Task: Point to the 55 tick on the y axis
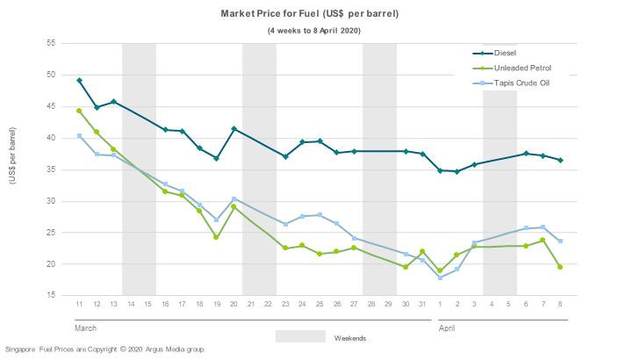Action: click(50, 43)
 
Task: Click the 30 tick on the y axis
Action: click(50, 201)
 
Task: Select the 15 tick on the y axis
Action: click(50, 296)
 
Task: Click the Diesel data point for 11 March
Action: click(79, 81)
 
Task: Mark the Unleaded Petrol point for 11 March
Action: click(79, 111)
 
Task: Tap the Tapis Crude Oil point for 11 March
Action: click(79, 136)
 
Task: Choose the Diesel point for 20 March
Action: click(234, 129)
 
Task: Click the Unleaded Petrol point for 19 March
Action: click(216, 237)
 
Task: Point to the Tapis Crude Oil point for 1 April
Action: click(440, 277)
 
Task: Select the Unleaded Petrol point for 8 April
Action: click(560, 267)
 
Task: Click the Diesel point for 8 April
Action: click(560, 160)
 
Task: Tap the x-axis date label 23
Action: click(285, 305)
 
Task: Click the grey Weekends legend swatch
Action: click(300, 336)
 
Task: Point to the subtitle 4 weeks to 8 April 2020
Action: click(314, 31)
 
